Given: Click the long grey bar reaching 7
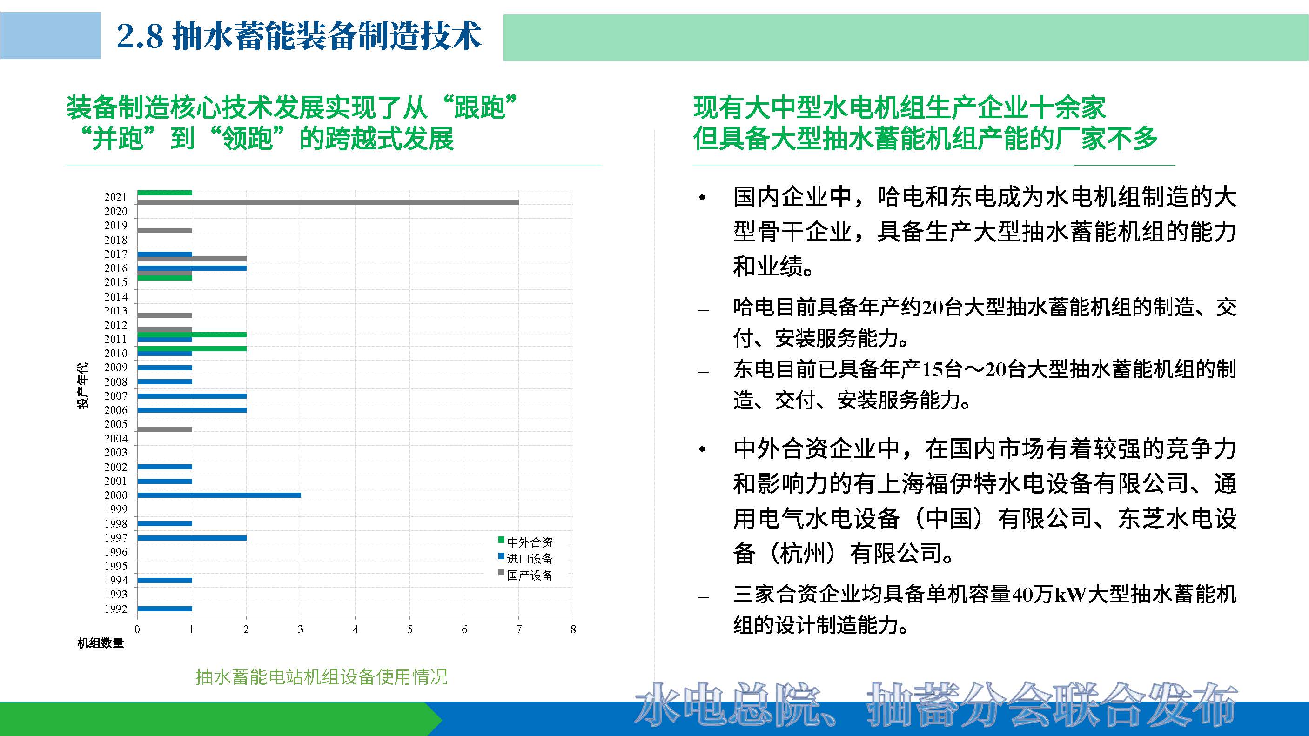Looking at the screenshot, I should coord(328,202).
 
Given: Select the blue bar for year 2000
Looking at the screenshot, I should coord(219,495).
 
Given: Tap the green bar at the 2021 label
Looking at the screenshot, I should coord(165,193).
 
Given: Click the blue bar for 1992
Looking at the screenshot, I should coord(165,609).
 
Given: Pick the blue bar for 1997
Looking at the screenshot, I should coord(192,538).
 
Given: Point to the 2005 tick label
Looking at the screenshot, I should coord(116,424).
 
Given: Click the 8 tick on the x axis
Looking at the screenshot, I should coord(573,630).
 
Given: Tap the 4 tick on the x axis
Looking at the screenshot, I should coord(356,630).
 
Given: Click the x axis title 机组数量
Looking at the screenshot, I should coord(101,643).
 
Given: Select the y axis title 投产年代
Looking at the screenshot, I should coord(82,385).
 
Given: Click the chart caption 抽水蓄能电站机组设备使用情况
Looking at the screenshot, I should coord(321,676).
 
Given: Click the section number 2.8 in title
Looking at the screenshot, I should coord(140,37).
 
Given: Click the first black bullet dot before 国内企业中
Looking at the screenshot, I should coord(702,198).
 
